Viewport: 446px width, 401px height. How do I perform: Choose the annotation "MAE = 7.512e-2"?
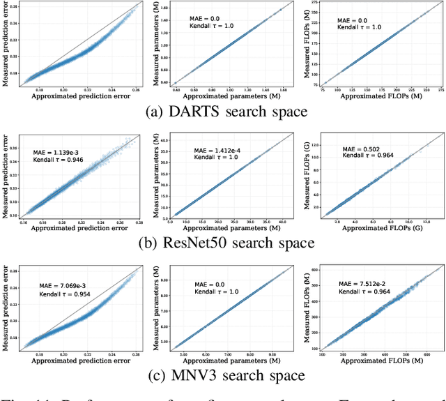(356, 283)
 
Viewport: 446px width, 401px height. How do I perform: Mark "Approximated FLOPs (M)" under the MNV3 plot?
(375, 362)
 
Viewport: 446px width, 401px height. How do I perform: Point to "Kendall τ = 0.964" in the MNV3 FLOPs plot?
(356, 292)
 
